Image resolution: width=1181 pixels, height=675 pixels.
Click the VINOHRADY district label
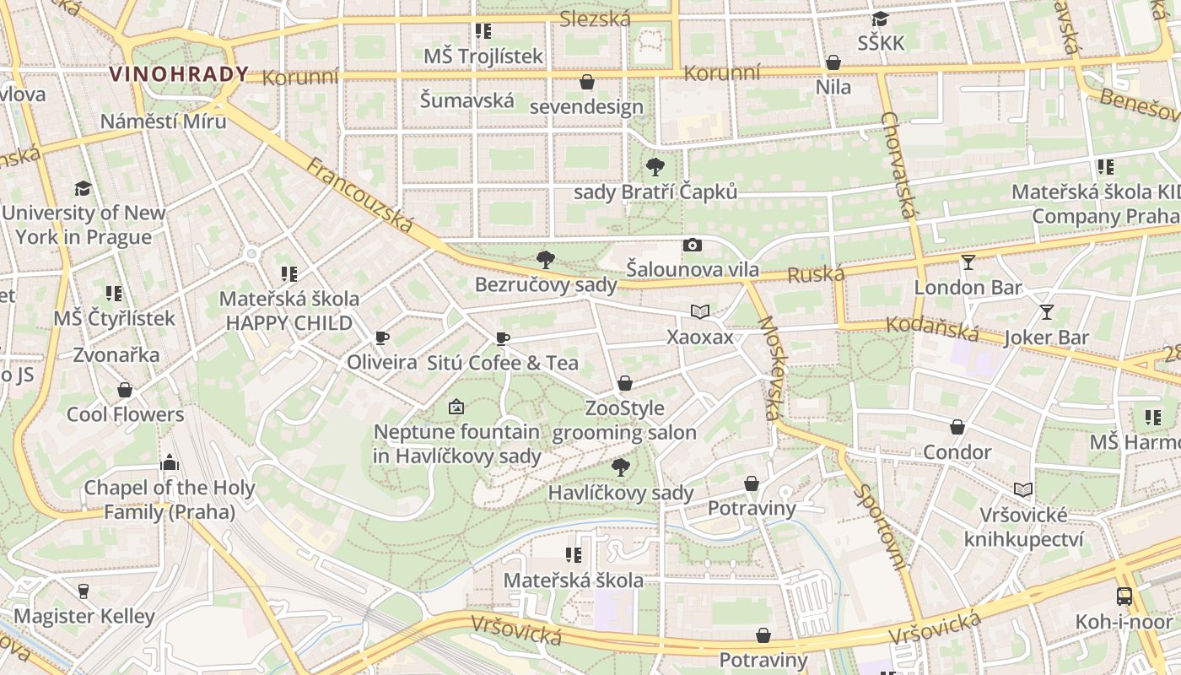tap(179, 74)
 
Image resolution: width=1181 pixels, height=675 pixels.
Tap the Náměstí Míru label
tap(163, 121)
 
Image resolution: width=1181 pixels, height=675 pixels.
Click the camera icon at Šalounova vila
tap(693, 246)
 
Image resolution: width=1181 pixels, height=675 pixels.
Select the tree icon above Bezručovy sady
tap(546, 259)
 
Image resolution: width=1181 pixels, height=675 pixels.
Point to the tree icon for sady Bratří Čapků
tap(655, 167)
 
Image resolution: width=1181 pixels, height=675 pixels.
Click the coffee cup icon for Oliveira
tap(382, 338)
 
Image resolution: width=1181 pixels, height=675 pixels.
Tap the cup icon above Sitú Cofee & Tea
tap(503, 339)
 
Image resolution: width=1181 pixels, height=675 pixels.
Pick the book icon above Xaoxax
tap(699, 312)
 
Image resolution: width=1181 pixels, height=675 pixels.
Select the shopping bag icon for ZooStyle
tap(625, 384)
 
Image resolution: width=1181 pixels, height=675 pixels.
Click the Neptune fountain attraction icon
tap(456, 408)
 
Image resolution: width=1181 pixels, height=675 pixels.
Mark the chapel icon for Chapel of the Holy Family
tap(170, 462)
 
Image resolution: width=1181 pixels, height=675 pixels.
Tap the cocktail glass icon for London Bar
tap(968, 262)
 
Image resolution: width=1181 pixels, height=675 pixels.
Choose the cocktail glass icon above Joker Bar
tap(1047, 312)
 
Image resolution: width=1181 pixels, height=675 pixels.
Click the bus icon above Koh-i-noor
tap(1124, 597)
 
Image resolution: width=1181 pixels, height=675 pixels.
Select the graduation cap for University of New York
tap(83, 188)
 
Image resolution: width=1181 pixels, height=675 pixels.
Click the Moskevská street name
tap(768, 368)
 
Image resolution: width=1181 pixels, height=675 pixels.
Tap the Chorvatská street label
tap(898, 165)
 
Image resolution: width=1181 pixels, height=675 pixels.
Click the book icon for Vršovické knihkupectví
tap(1022, 489)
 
